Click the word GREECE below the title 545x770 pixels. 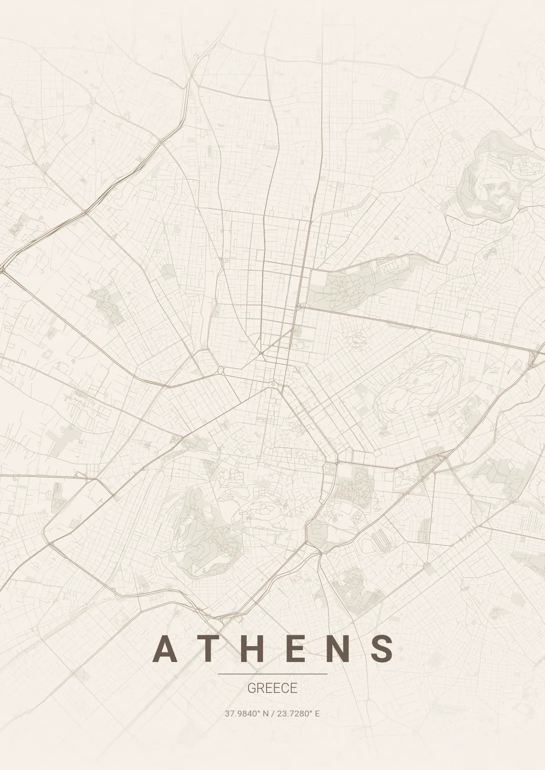pos(272,688)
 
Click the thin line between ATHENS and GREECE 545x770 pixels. pos(272,674)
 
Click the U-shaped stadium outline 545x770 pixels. pos(378,540)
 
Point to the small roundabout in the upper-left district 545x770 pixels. pos(93,101)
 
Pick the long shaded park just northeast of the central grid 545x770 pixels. pos(350,286)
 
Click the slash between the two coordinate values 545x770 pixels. pos(272,714)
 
